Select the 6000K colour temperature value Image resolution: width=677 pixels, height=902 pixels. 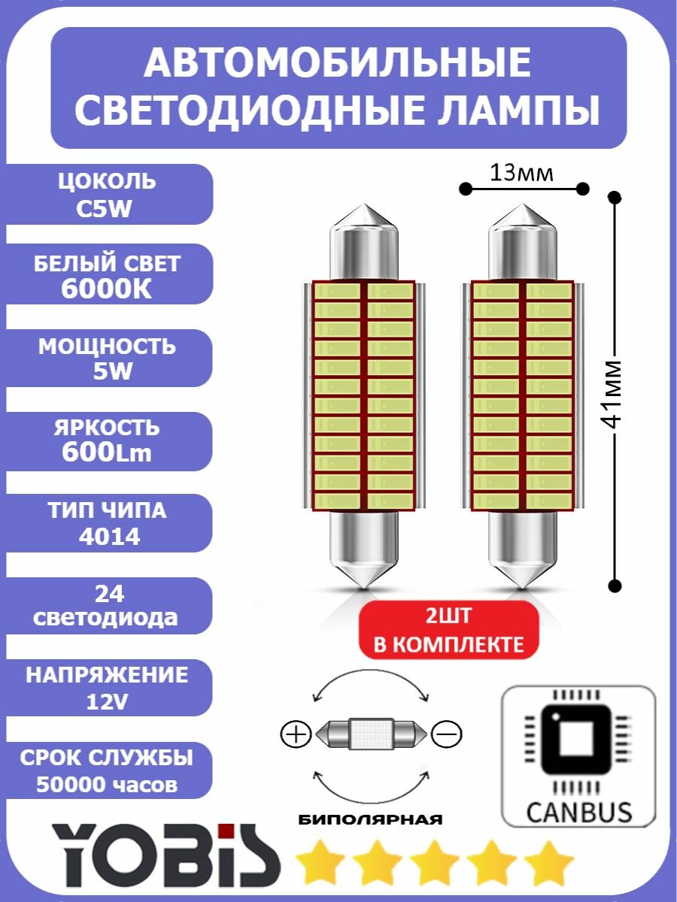(107, 290)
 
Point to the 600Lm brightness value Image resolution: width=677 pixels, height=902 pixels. (107, 453)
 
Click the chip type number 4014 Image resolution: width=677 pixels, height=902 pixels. (107, 537)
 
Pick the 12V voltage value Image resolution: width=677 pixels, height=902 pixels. (107, 702)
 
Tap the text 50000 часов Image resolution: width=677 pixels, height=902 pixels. (107, 785)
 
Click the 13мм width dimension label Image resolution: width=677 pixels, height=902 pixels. (521, 174)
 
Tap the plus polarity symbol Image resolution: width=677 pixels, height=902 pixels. (296, 734)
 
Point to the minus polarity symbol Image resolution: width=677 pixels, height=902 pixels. (447, 734)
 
